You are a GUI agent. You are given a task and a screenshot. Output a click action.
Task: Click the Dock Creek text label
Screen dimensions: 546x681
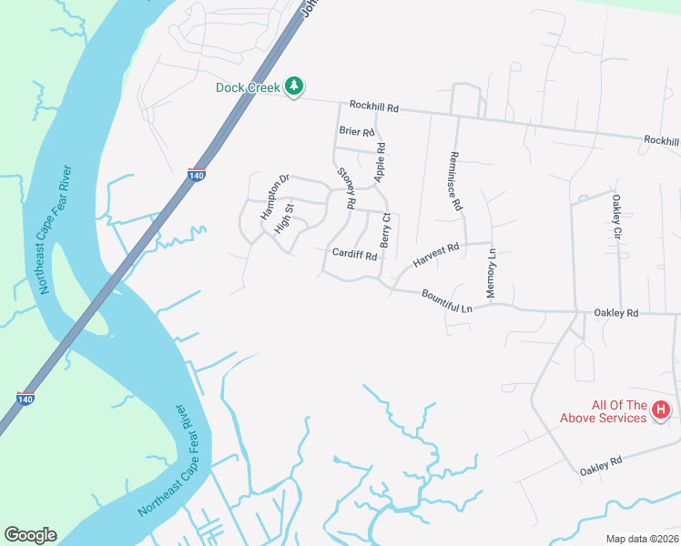249,87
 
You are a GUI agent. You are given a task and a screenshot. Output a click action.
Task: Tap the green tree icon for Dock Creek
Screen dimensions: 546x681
293,86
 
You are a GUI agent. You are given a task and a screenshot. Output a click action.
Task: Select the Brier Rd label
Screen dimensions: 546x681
357,131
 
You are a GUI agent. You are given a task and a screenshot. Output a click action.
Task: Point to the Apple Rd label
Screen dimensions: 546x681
381,161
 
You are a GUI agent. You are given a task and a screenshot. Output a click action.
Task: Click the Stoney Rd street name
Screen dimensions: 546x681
345,187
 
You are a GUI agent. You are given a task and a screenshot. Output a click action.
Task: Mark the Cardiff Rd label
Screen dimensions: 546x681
354,255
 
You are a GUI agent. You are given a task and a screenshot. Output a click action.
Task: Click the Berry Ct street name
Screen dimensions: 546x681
386,230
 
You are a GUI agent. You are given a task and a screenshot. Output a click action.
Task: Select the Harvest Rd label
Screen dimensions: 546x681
436,254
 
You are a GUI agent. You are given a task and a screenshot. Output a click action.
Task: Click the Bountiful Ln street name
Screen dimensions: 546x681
447,301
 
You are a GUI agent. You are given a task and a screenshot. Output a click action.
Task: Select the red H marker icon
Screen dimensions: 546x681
662,411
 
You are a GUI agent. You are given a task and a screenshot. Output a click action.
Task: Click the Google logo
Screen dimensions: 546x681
30,535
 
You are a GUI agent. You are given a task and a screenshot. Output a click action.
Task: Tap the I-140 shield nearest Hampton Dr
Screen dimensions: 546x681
195,173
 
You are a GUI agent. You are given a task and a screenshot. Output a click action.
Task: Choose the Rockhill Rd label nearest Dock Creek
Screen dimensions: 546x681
374,106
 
